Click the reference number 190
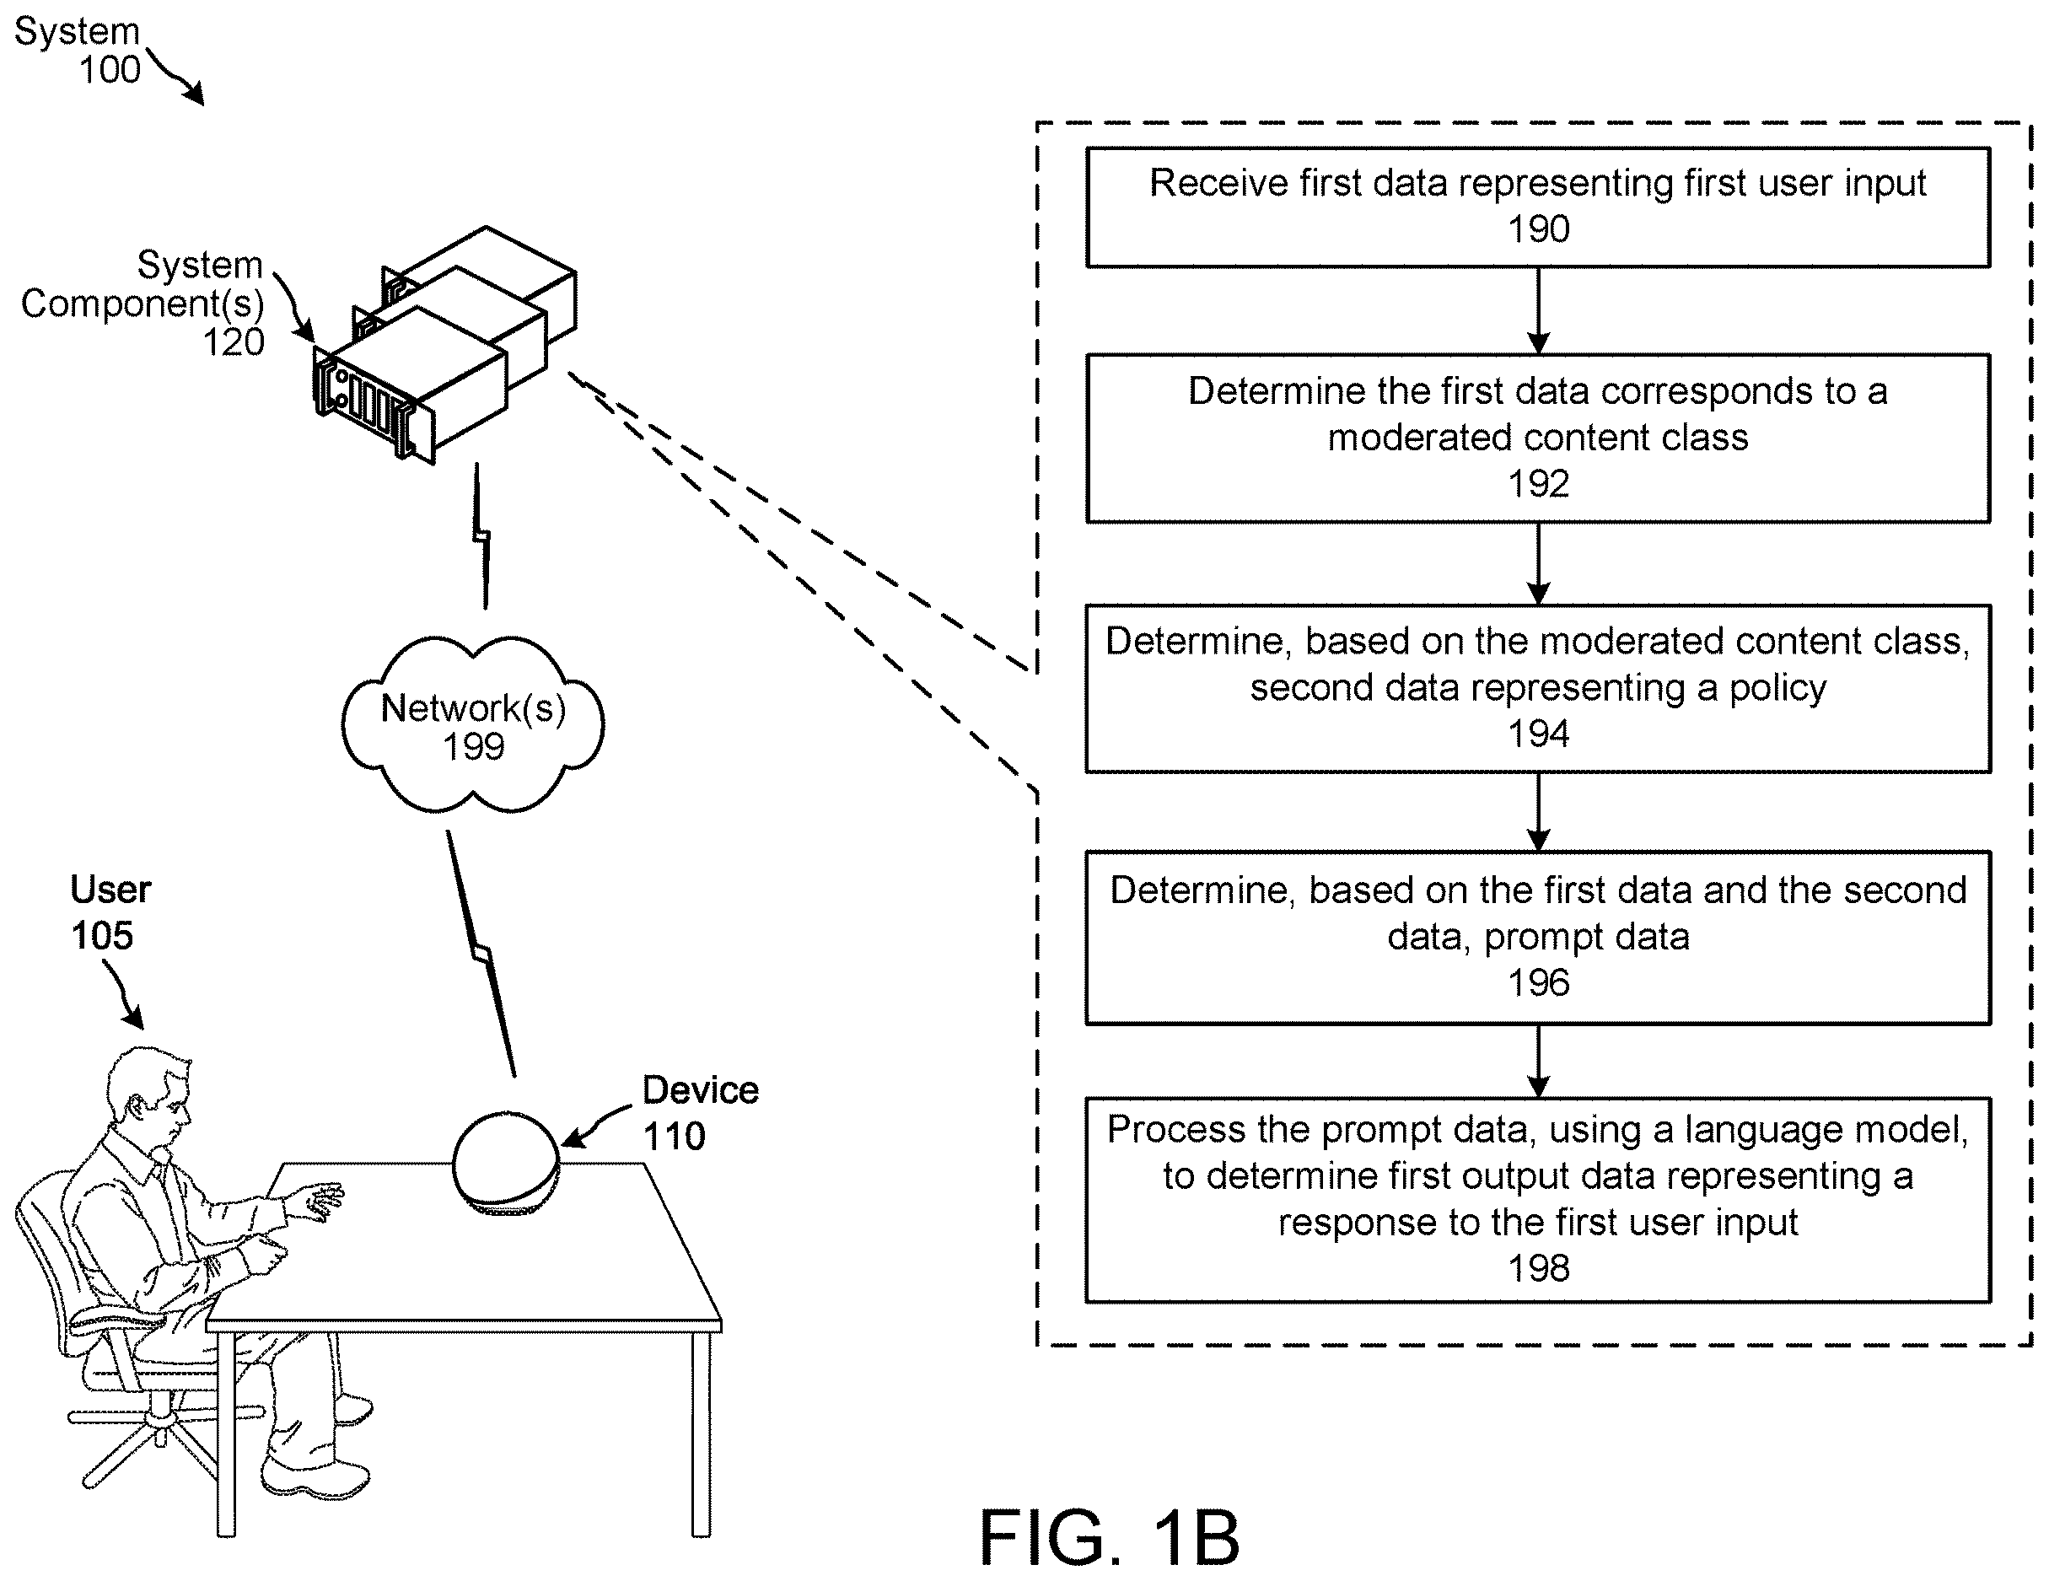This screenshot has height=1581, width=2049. [1539, 229]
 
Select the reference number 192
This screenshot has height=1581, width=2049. [1539, 484]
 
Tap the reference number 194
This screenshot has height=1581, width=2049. [1539, 734]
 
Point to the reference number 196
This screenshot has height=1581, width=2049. [1539, 983]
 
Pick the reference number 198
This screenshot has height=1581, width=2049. [1539, 1268]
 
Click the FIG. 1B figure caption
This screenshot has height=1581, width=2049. [1110, 1538]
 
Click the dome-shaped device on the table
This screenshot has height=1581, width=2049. [507, 1164]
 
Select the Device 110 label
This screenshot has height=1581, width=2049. [700, 1113]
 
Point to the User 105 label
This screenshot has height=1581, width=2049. [110, 912]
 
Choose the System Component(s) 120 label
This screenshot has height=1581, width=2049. [143, 303]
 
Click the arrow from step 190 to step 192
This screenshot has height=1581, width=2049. [1539, 310]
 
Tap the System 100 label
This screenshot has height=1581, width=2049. [78, 51]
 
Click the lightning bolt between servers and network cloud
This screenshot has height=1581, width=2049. [481, 535]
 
